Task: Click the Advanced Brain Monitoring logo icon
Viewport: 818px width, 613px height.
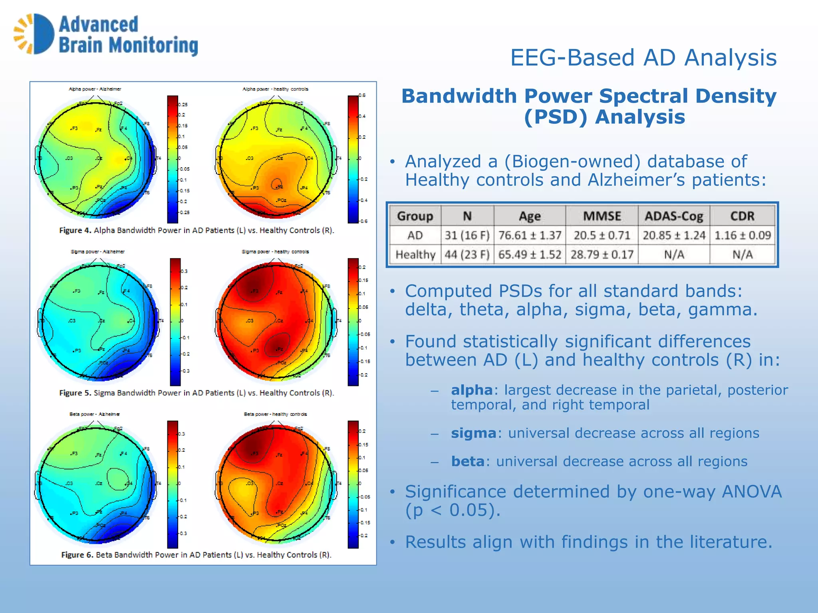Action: pyautogui.click(x=34, y=34)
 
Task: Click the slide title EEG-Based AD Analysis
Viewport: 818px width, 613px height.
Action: pyautogui.click(x=643, y=57)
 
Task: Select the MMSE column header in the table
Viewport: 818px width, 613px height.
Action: pyautogui.click(x=602, y=216)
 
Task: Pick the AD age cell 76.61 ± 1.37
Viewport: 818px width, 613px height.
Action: pyautogui.click(x=530, y=235)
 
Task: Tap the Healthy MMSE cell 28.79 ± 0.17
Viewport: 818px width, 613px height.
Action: pyautogui.click(x=602, y=255)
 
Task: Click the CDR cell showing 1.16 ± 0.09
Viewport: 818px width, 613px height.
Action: pyautogui.click(x=742, y=235)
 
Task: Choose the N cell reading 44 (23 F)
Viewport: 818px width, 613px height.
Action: pyautogui.click(x=467, y=255)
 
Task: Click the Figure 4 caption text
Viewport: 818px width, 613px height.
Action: pyautogui.click(x=197, y=230)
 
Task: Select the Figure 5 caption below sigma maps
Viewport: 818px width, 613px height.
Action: pyautogui.click(x=197, y=393)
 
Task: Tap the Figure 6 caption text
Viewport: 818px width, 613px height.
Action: pyautogui.click(x=197, y=555)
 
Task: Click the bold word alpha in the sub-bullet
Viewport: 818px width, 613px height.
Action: pyautogui.click(x=472, y=390)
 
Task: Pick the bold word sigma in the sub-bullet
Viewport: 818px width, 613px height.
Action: pyautogui.click(x=473, y=433)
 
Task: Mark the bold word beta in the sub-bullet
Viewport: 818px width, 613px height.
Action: pyautogui.click(x=467, y=461)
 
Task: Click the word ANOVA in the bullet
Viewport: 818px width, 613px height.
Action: pyautogui.click(x=751, y=492)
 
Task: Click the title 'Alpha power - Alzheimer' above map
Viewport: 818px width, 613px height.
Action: pyautogui.click(x=95, y=89)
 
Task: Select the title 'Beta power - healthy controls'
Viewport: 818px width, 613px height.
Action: pyautogui.click(x=275, y=414)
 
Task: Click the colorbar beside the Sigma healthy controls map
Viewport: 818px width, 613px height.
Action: pyautogui.click(x=353, y=322)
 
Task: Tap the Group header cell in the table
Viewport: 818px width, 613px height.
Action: pyautogui.click(x=415, y=216)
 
